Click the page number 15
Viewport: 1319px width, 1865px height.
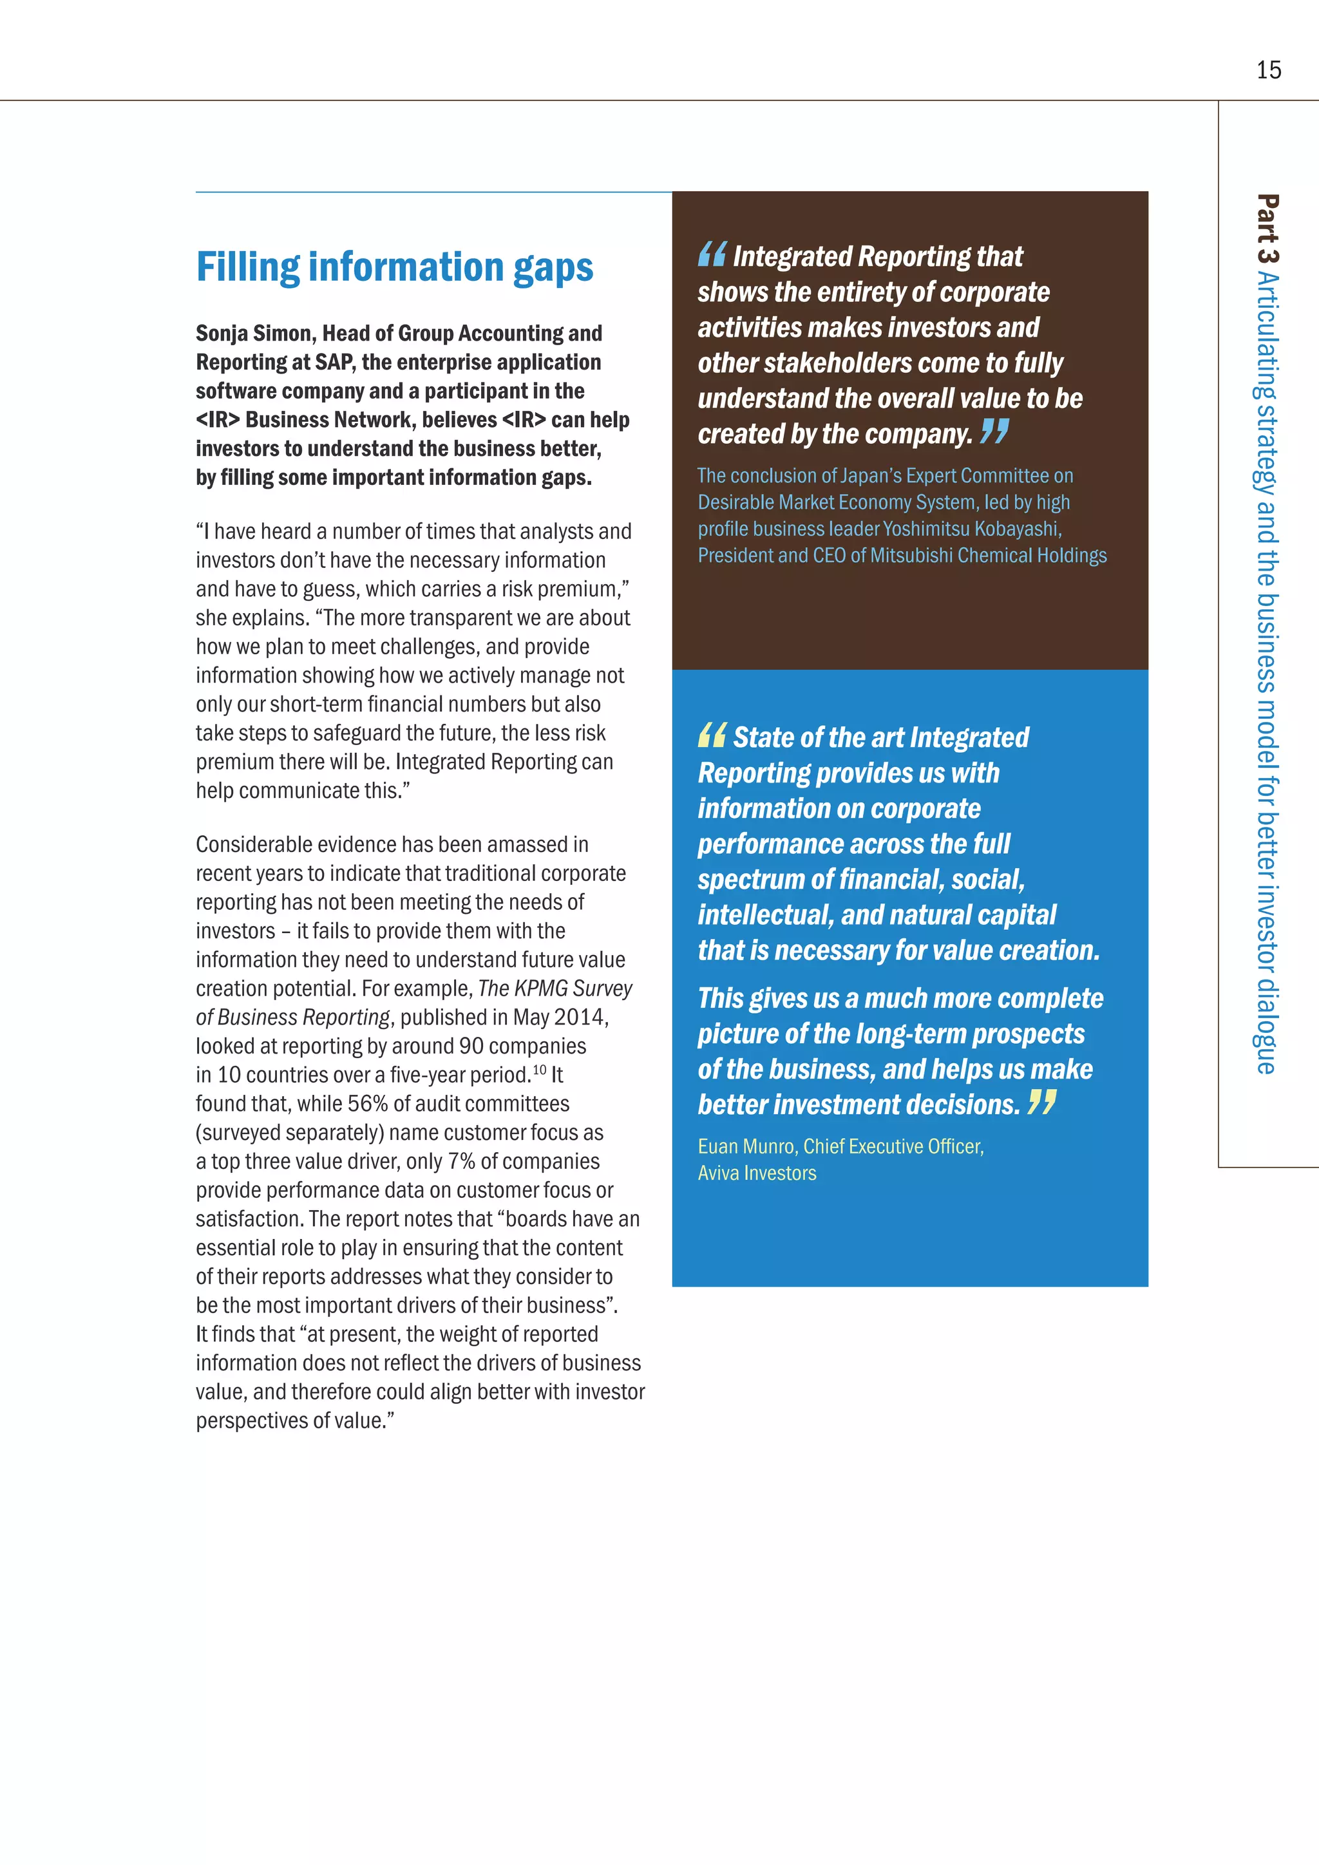tap(1268, 71)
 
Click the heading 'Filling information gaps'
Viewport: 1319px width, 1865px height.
tap(395, 267)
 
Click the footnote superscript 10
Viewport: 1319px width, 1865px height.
tap(539, 1070)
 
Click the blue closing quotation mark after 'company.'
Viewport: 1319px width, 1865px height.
tap(994, 431)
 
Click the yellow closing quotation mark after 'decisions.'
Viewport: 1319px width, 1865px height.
tap(1041, 1103)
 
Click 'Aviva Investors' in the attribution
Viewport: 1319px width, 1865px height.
tap(757, 1173)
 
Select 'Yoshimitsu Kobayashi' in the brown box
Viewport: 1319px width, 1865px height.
tap(971, 529)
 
